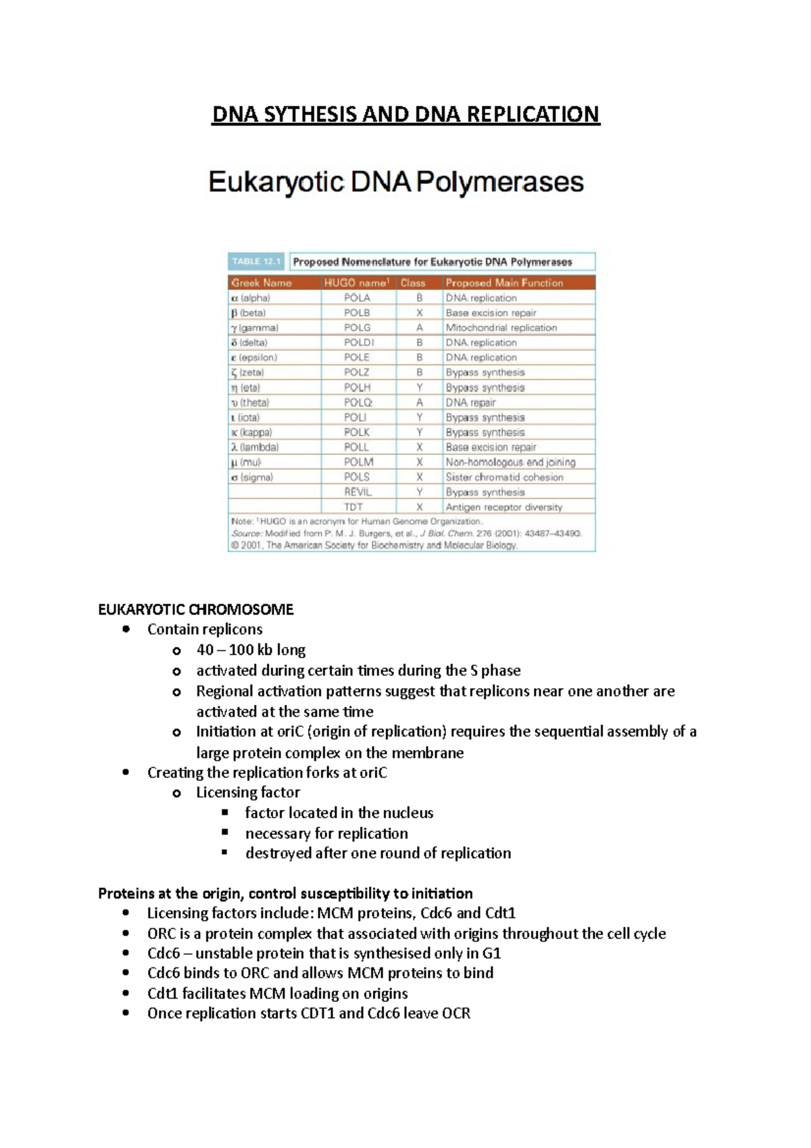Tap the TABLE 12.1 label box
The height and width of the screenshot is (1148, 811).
[x=257, y=262]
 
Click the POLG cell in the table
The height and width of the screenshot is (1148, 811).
[x=357, y=328]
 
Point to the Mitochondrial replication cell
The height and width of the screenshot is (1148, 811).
[x=501, y=328]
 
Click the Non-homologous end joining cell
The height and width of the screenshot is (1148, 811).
[x=510, y=462]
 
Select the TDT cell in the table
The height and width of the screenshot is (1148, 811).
[x=353, y=507]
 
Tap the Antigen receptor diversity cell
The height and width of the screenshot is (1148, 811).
[x=503, y=507]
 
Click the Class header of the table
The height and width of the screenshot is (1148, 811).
[x=412, y=283]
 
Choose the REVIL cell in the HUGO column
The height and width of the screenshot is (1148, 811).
[x=358, y=492]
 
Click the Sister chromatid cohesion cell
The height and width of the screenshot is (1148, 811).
[x=503, y=477]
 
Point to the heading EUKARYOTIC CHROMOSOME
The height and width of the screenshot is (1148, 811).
[x=195, y=610]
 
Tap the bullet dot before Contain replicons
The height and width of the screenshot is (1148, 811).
[x=126, y=630]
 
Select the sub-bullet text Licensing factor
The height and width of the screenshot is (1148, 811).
[x=247, y=792]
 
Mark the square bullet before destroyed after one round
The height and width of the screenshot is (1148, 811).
[x=225, y=853]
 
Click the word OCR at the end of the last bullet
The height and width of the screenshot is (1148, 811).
[x=456, y=1013]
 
